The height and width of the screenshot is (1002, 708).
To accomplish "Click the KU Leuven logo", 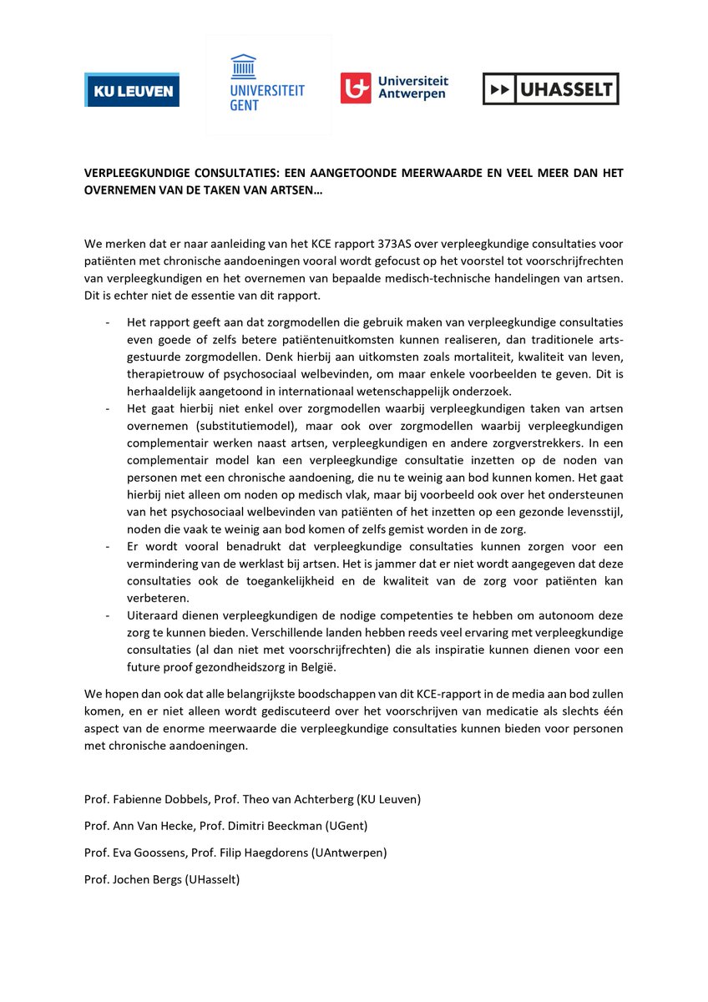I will (132, 89).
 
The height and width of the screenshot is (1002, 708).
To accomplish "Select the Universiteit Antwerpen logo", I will (394, 88).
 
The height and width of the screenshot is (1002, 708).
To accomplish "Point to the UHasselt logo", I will (550, 89).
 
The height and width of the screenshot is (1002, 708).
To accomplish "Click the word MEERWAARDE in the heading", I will (432, 173).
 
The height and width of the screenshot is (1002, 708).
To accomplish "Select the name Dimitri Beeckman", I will (276, 826).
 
